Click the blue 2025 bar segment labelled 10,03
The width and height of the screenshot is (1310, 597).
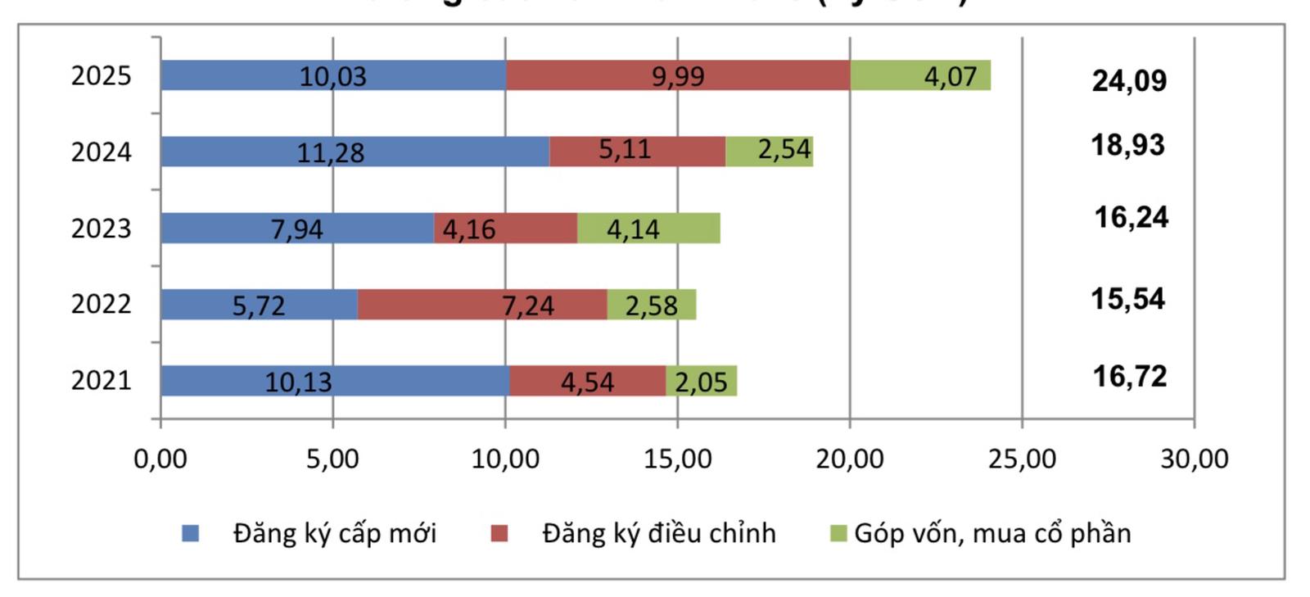point(332,75)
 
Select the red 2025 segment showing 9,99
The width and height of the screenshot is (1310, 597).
point(678,75)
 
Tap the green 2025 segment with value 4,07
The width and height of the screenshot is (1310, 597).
point(920,75)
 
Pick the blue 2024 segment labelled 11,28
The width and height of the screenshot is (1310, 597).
point(355,152)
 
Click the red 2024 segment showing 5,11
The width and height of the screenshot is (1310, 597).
point(637,152)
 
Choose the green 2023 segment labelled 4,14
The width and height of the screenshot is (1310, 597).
point(648,228)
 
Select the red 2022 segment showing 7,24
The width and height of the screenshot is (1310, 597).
point(482,305)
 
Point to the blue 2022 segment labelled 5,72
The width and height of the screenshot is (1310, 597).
point(259,305)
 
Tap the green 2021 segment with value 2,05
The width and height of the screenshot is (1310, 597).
point(701,381)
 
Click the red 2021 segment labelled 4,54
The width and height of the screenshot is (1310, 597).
point(587,381)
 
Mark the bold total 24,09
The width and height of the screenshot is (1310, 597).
point(1129,80)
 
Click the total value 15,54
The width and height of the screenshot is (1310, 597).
point(1127,299)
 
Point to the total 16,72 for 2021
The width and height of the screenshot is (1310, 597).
point(1129,376)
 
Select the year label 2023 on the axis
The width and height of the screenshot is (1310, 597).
point(101,228)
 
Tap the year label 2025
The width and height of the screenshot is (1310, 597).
point(101,75)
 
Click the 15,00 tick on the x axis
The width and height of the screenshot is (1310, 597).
point(677,459)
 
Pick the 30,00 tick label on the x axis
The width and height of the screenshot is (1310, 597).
point(1194,459)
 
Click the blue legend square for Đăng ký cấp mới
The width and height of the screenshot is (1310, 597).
point(191,534)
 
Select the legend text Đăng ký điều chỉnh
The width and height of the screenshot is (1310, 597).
point(659,533)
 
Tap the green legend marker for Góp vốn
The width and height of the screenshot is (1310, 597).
point(838,534)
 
